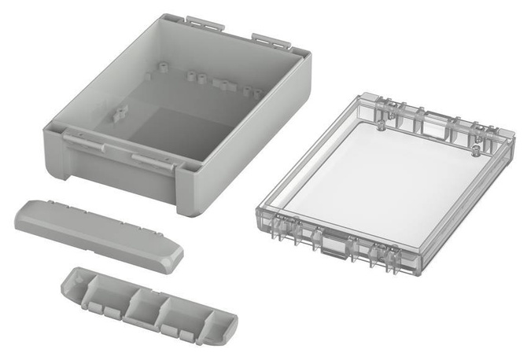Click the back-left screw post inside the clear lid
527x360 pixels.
pyautogui.click(x=381, y=125)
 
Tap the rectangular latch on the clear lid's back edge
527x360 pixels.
pyautogui.click(x=433, y=125)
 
